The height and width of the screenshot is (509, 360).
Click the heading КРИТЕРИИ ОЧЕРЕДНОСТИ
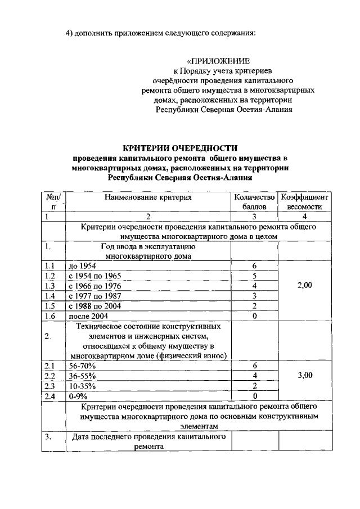tap(180, 148)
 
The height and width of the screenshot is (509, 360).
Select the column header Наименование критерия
tap(148, 197)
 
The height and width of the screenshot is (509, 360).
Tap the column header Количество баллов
tap(254, 202)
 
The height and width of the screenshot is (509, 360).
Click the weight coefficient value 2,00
tap(304, 286)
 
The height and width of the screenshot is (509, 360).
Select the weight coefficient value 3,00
tap(304, 376)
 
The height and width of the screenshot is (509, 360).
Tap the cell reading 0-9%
tap(78, 397)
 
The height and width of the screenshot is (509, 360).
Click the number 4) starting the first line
tap(70, 32)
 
